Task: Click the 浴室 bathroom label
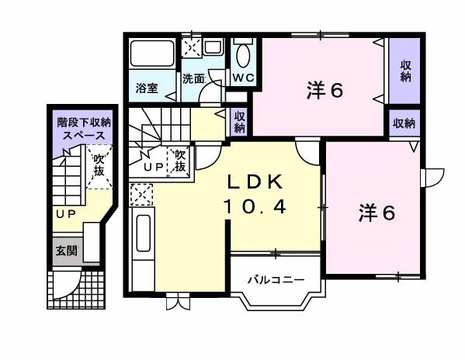pos(147,88)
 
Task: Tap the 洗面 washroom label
pos(193,78)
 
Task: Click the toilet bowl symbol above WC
pos(242,56)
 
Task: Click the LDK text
pos(257,182)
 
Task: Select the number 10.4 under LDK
pos(257,207)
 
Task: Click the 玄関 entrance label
pos(64,251)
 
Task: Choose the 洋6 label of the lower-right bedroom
pos(377,212)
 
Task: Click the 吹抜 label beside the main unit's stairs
pos(179,161)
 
